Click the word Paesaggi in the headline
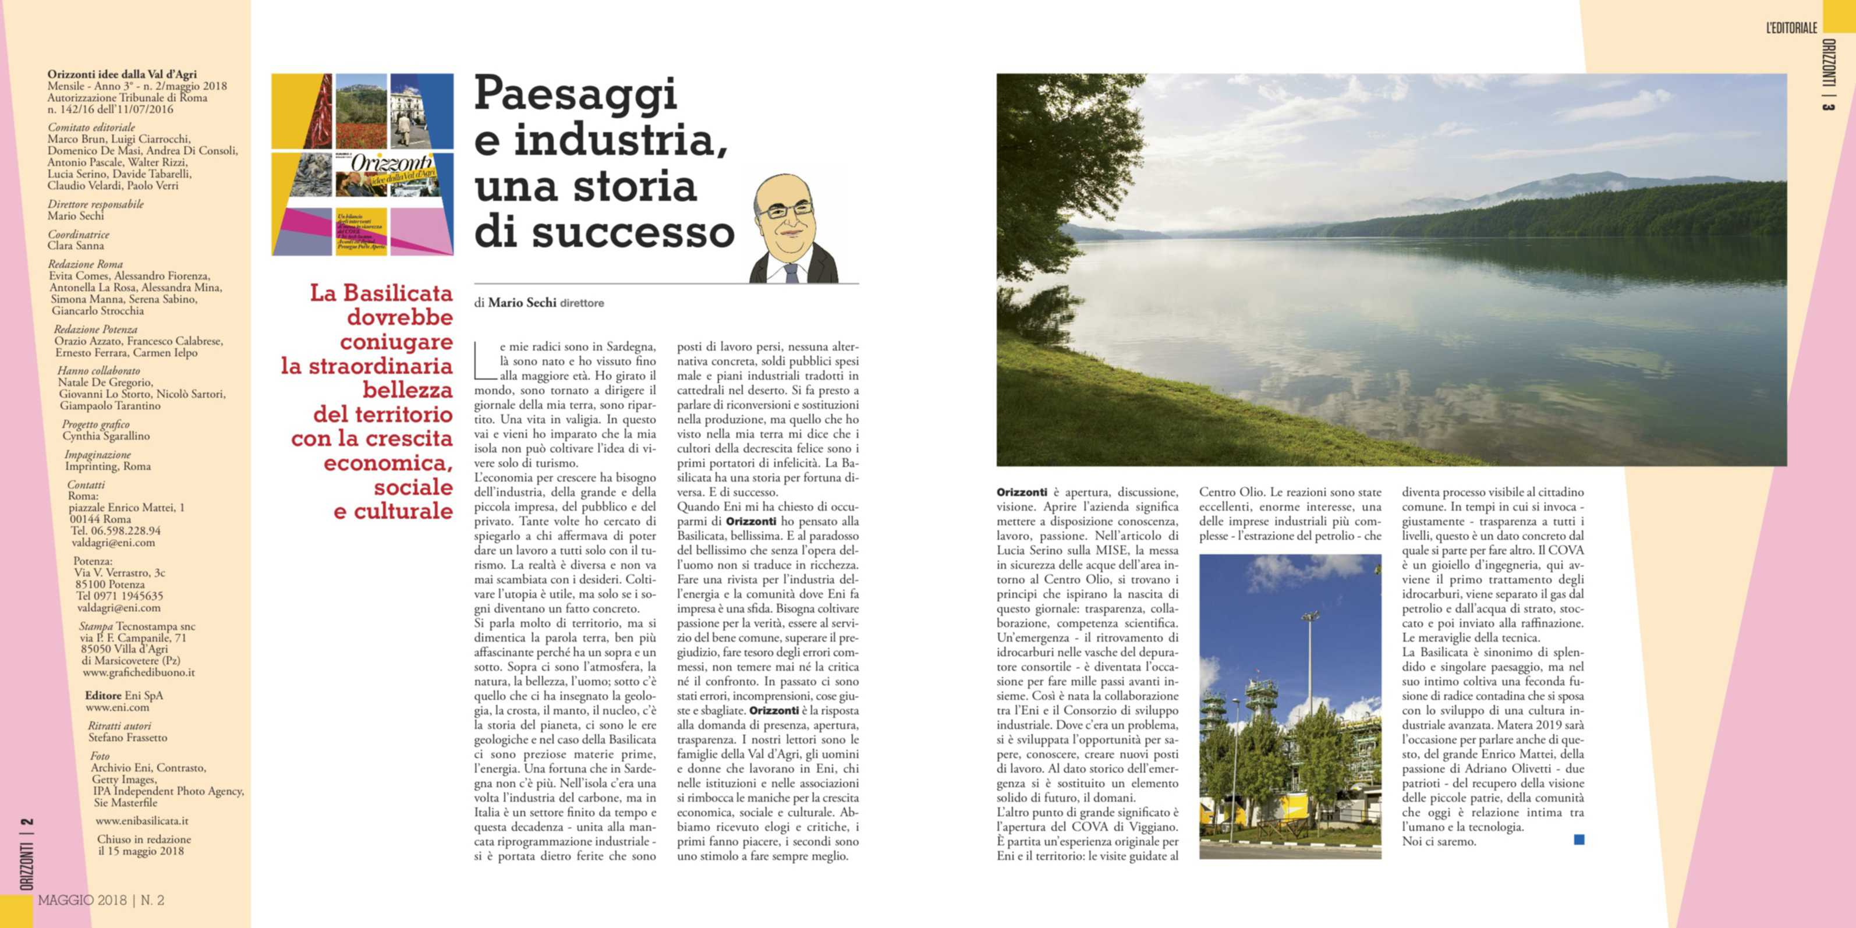575,94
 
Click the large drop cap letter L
485,361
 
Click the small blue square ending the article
1579,840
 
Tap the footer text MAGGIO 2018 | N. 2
101,900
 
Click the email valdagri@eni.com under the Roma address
113,543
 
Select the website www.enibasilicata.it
142,821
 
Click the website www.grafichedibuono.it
139,672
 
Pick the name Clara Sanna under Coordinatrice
76,246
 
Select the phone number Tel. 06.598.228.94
116,531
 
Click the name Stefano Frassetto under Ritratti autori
127,738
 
